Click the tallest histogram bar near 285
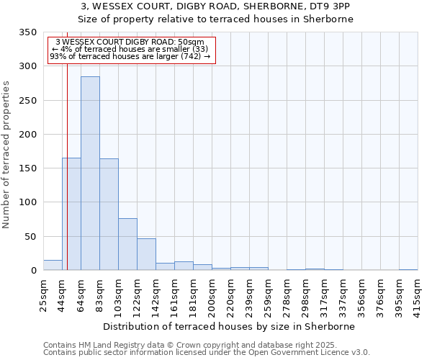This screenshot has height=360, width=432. coord(90,173)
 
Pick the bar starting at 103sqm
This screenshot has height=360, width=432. coord(127,244)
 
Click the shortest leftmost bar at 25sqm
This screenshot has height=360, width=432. coord(53,265)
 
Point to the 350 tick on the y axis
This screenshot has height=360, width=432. coord(28,32)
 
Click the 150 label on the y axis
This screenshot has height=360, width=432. coord(28,168)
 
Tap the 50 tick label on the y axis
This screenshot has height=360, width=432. coord(31,237)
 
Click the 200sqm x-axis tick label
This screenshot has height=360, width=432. coord(212,293)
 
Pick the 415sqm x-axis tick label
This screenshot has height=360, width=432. coord(418,293)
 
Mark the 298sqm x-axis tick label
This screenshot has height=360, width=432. coord(305,293)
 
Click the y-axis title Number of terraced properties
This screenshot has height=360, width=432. coord(7,155)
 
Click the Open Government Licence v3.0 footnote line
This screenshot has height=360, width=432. coord(207,353)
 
